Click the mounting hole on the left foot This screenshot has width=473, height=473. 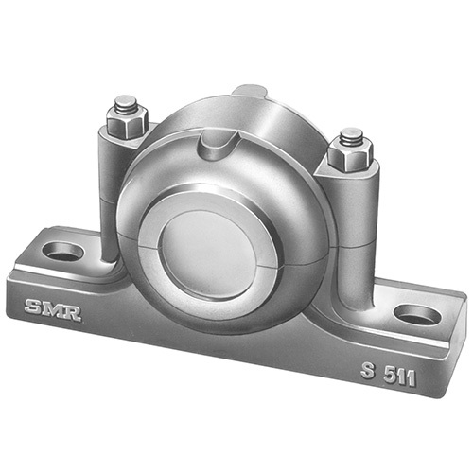point(65,252)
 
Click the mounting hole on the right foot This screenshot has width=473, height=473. point(416,314)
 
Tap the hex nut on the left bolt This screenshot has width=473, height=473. point(125,122)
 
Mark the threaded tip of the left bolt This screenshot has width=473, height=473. point(125,102)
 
